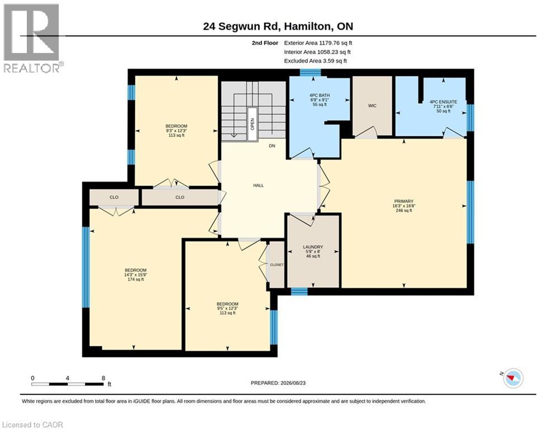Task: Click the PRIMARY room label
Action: [x=403, y=201]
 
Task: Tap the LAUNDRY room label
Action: [x=313, y=247]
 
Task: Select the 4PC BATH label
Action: [x=320, y=96]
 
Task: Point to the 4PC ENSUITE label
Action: [x=443, y=102]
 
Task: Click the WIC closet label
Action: [x=372, y=106]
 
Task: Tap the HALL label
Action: [x=259, y=185]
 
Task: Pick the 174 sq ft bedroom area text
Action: [x=135, y=279]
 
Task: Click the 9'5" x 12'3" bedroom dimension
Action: [x=227, y=308]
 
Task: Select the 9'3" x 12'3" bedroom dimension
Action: [x=176, y=131]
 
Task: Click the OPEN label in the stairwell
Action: [x=253, y=124]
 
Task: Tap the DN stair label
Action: [x=272, y=146]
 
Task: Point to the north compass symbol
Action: [x=512, y=378]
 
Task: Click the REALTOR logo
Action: [x=32, y=39]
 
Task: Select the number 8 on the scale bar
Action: [x=103, y=378]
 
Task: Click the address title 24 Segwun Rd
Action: [x=242, y=26]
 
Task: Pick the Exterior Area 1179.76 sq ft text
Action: [x=318, y=43]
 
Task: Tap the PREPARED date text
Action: [x=278, y=383]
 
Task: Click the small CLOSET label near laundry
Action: [x=277, y=265]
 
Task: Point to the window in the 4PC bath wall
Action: [x=310, y=72]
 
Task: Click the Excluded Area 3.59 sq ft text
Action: [x=315, y=61]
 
